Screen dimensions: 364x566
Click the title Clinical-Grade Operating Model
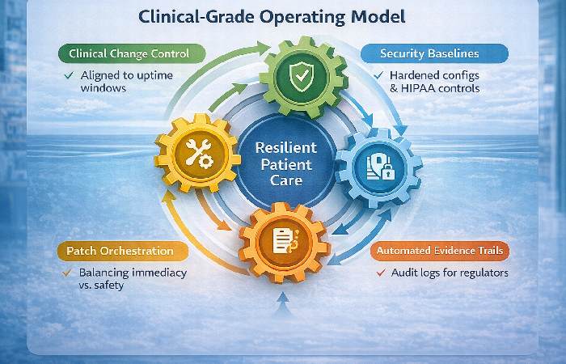(x=283, y=16)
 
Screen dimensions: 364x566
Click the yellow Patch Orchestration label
(x=116, y=251)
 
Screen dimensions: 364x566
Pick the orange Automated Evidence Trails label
(x=440, y=251)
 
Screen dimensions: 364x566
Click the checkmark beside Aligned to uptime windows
(x=70, y=76)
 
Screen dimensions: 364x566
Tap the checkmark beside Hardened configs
(x=378, y=75)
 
